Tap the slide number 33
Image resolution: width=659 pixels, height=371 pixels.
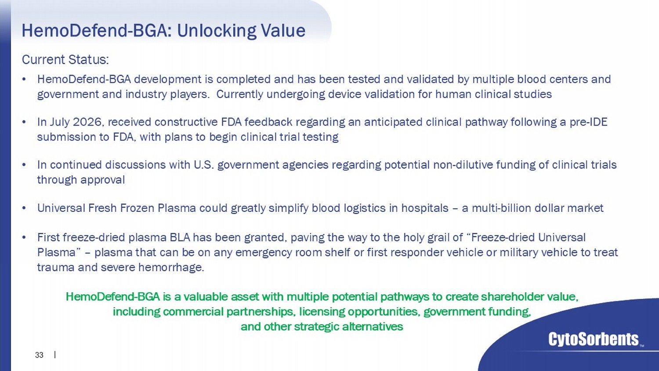pyautogui.click(x=39, y=355)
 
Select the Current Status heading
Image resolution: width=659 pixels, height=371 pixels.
pyautogui.click(x=65, y=59)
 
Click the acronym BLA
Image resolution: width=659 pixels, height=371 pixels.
pyautogui.click(x=180, y=237)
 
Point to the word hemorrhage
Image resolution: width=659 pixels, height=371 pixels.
pyautogui.click(x=171, y=267)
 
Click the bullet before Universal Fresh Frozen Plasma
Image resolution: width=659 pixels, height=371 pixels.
pyautogui.click(x=24, y=208)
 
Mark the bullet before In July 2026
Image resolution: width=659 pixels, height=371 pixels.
pyautogui.click(x=24, y=122)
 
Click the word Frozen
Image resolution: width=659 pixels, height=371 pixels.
pyautogui.click(x=137, y=208)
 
